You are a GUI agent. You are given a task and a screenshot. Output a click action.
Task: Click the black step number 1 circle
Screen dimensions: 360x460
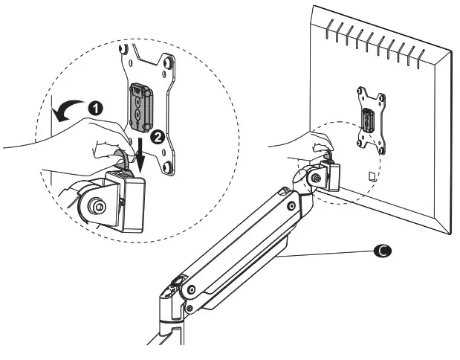[95, 107]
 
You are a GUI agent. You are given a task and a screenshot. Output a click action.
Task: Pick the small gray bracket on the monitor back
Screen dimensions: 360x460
[369, 120]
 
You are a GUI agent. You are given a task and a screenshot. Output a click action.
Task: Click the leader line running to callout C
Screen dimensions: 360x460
[327, 254]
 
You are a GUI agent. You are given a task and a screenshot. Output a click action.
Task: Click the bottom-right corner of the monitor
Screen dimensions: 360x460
[448, 233]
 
